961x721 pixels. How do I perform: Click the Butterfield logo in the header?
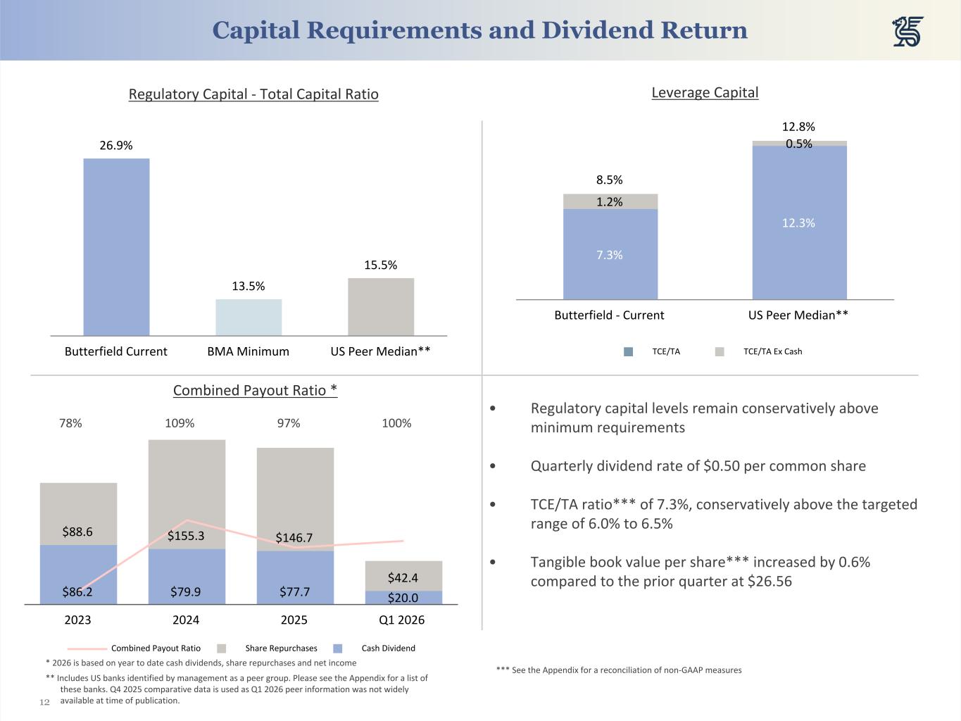point(907,32)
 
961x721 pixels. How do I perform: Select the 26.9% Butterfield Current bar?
point(116,246)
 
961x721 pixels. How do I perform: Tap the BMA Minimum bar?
point(249,318)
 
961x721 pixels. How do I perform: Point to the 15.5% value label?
point(380,265)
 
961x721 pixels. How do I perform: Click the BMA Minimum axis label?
point(248,351)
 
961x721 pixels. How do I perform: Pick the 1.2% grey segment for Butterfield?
point(610,201)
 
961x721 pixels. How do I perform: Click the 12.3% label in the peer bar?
point(798,223)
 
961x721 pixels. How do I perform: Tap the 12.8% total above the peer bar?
point(798,127)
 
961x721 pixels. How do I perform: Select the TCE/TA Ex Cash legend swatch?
point(720,351)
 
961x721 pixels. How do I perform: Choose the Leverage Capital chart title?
point(705,92)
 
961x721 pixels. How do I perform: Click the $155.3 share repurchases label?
point(186,536)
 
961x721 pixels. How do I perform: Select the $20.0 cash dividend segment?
point(403,598)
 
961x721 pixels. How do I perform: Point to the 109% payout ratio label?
point(180,423)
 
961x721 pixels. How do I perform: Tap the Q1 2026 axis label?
point(401,620)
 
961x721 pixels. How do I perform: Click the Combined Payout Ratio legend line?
point(87,648)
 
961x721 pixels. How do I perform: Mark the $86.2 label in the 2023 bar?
point(77,592)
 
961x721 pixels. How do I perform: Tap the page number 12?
point(44,702)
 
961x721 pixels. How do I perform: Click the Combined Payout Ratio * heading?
point(255,390)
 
